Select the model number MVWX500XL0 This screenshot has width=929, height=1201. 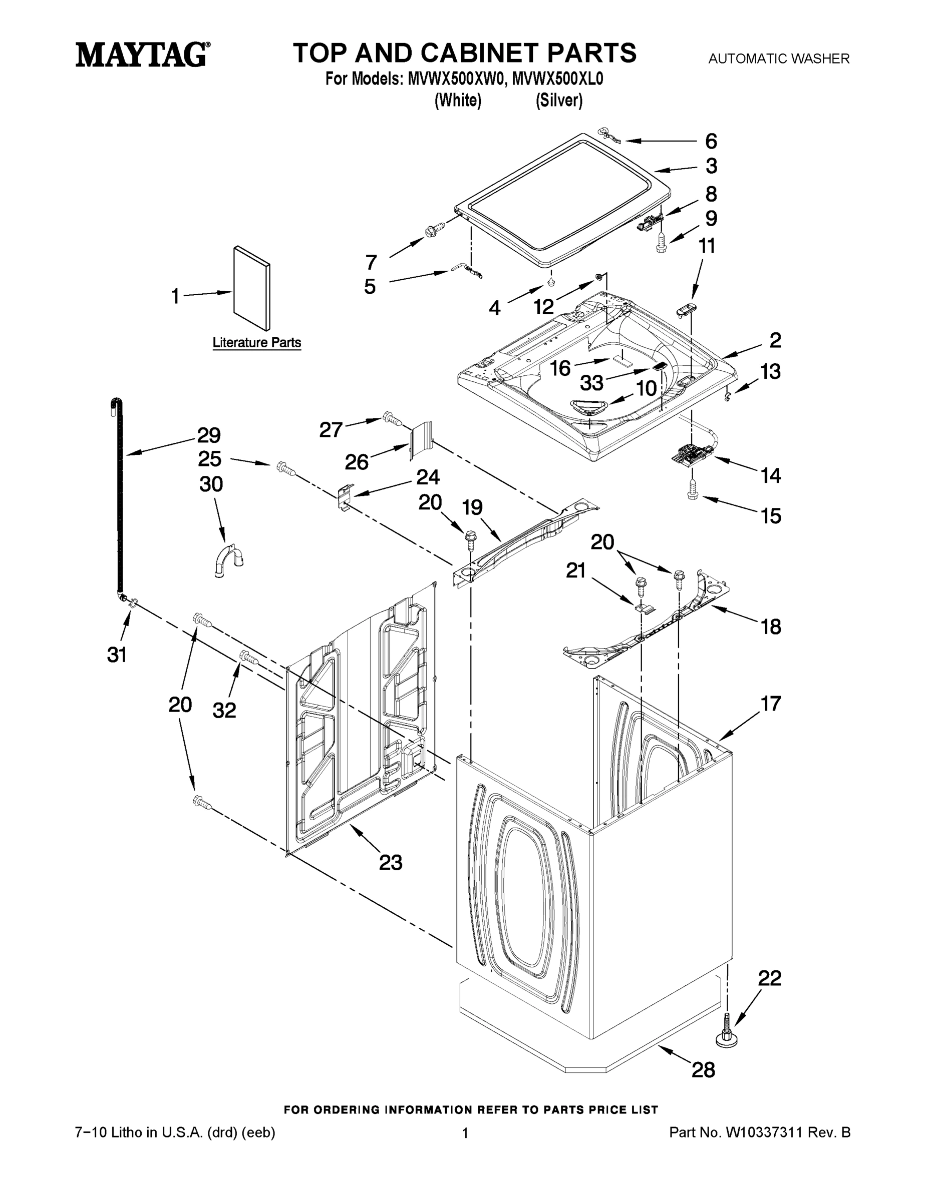557,79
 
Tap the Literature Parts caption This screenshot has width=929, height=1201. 256,343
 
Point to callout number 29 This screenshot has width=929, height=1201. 209,435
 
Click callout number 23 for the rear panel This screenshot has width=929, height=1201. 390,862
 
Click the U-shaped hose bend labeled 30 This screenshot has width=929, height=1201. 228,560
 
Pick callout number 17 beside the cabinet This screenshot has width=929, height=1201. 771,703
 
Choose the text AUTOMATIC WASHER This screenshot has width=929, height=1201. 778,58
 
